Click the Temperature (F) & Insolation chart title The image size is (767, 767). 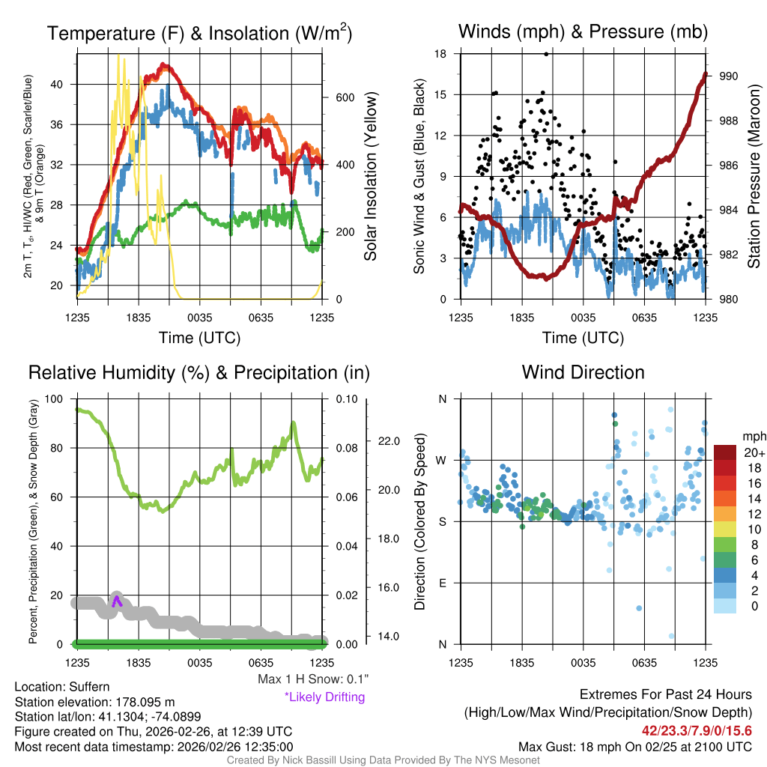click(199, 34)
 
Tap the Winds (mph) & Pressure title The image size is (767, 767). click(583, 31)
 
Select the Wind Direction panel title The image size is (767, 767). click(583, 372)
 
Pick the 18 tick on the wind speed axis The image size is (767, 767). click(440, 54)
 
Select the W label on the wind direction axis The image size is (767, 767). click(442, 460)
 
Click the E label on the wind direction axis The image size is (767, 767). click(443, 583)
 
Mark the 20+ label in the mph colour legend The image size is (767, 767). click(754, 452)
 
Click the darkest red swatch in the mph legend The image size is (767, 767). click(726, 452)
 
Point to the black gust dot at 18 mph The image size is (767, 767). click(546, 54)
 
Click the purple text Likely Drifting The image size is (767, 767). click(324, 697)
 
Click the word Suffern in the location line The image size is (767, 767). click(89, 687)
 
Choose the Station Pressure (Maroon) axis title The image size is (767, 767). click(754, 177)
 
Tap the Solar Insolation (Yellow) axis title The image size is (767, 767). click(370, 177)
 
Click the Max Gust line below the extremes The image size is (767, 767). click(635, 747)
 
